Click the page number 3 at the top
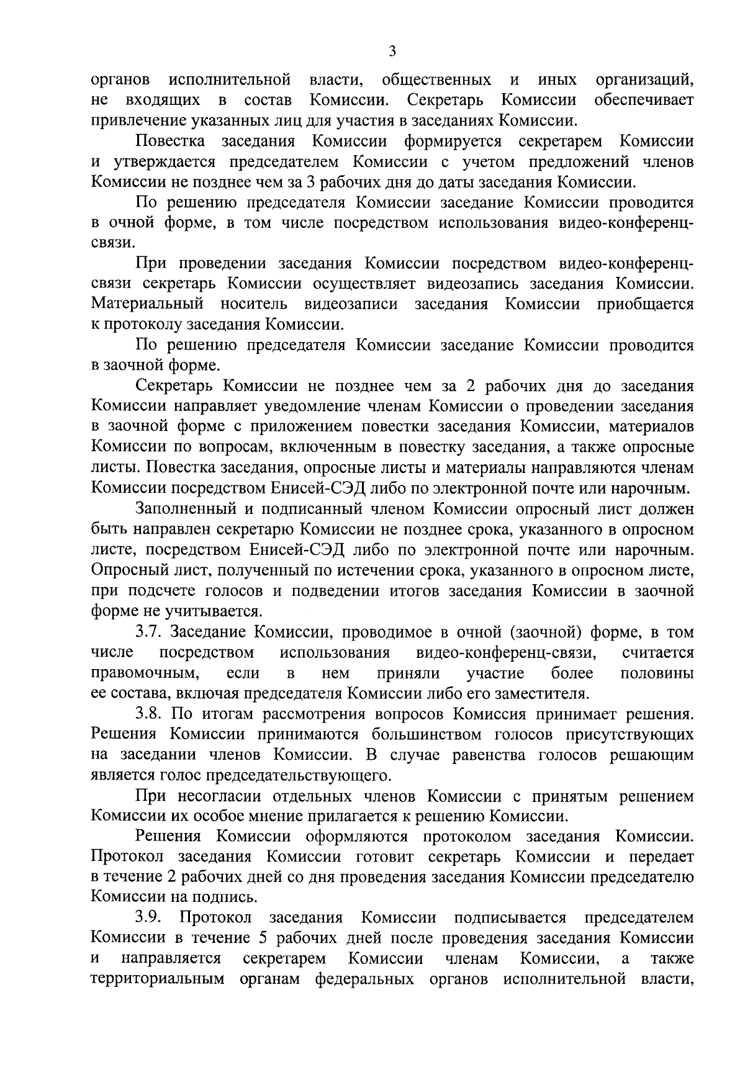[x=392, y=52]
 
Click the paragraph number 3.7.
[x=149, y=633]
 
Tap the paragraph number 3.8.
[x=149, y=714]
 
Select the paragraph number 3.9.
[x=149, y=917]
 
